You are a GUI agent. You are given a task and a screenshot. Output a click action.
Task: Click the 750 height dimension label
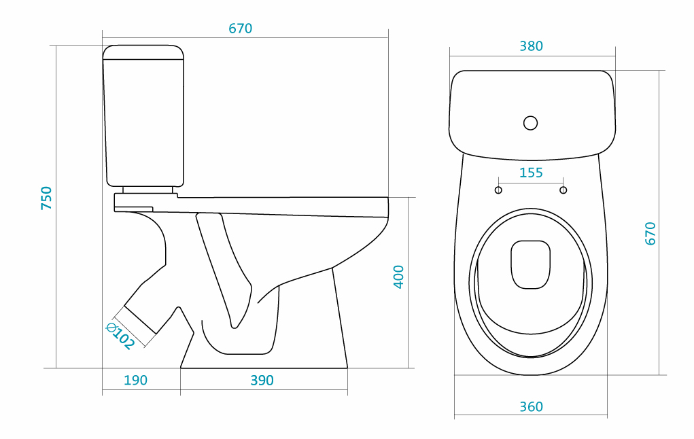pyautogui.click(x=46, y=197)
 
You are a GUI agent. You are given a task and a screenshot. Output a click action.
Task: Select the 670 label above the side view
pyautogui.click(x=240, y=29)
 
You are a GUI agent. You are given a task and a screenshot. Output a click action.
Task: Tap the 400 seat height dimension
pyautogui.click(x=399, y=277)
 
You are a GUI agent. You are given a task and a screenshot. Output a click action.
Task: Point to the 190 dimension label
pyautogui.click(x=135, y=381)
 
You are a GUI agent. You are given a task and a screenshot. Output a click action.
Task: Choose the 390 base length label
pyautogui.click(x=262, y=381)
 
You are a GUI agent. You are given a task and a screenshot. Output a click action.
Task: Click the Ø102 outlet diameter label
pyautogui.click(x=120, y=336)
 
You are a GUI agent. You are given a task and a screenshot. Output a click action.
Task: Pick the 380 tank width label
pyautogui.click(x=531, y=46)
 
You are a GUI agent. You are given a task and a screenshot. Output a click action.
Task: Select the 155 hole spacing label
pyautogui.click(x=531, y=173)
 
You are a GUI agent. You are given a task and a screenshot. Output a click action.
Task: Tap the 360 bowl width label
pyautogui.click(x=531, y=406)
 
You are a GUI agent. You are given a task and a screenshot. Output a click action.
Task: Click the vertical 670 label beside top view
pyautogui.click(x=650, y=233)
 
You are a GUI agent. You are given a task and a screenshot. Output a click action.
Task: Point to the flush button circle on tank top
pyautogui.click(x=530, y=123)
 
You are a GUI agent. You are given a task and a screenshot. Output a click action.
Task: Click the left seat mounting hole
pyautogui.click(x=498, y=190)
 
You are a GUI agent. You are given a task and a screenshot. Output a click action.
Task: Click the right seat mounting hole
pyautogui.click(x=563, y=190)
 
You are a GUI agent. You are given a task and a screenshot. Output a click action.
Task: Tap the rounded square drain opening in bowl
pyautogui.click(x=530, y=264)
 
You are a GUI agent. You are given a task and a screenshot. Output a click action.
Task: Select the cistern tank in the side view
pyautogui.click(x=144, y=116)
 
